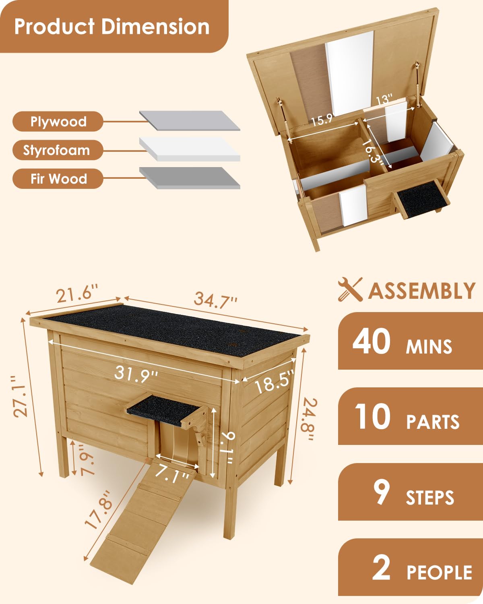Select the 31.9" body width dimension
[136, 374]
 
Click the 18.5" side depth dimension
[274, 382]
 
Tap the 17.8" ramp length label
[98, 509]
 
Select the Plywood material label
[58, 122]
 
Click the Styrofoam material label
[56, 150]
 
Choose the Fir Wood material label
[58, 179]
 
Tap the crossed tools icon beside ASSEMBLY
[350, 289]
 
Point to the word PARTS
[433, 422]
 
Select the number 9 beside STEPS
[381, 492]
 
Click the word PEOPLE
[439, 573]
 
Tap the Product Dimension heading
[112, 27]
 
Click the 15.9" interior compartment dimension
[322, 119]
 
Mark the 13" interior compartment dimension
[384, 99]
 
